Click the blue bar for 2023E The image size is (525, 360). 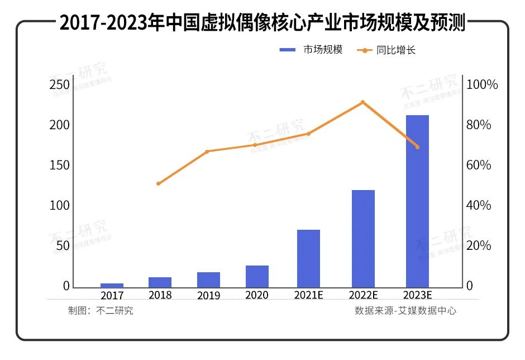pos(417,201)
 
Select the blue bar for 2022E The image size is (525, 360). pos(363,239)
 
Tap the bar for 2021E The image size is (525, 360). pos(308,258)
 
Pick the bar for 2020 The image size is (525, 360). pos(257,276)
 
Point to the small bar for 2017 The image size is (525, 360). pos(112,285)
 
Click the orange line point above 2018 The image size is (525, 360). pos(159,183)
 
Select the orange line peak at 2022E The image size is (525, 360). pos(362,102)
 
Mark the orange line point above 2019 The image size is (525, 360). pos(207,151)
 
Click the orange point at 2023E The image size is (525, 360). pos(417,147)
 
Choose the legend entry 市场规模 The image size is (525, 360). pos(311,50)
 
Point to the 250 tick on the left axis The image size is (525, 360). pos(60,85)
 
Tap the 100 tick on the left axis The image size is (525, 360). pos(60,206)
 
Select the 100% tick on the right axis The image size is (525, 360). pos(482,85)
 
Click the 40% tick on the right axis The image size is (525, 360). pos(479,206)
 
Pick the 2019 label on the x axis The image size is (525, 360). pos(208,295)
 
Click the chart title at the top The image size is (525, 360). pos(262,23)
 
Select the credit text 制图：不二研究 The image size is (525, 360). pos(101,311)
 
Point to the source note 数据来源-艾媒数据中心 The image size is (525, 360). pos(405,311)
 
